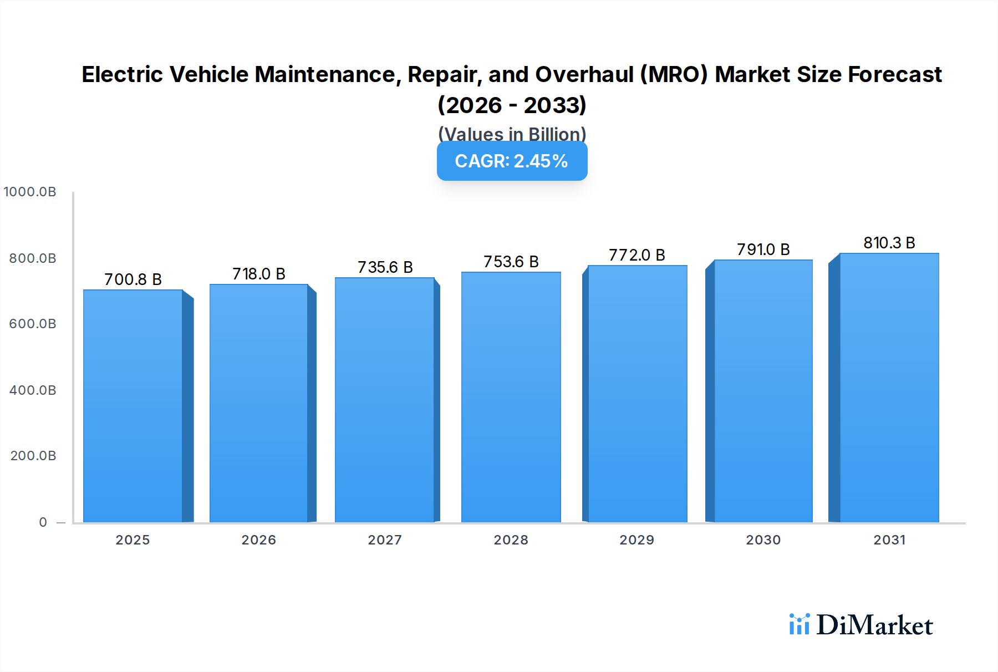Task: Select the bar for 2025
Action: (133, 406)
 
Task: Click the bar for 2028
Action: (511, 397)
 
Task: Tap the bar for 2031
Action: (889, 388)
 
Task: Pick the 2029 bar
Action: (637, 394)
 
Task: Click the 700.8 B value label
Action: (133, 279)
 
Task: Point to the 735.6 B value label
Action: (385, 267)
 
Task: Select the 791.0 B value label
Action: (763, 250)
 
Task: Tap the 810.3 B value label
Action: (889, 243)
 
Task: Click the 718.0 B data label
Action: (258, 274)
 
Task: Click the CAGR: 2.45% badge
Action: (512, 161)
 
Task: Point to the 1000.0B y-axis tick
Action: (30, 192)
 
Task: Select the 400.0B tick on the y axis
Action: (33, 390)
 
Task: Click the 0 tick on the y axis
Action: (43, 522)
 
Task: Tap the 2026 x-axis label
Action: (258, 540)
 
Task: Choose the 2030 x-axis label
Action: (763, 540)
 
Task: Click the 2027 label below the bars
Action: (385, 540)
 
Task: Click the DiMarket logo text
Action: (874, 625)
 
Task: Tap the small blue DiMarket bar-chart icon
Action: (799, 624)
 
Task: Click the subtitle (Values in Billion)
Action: (512, 134)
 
